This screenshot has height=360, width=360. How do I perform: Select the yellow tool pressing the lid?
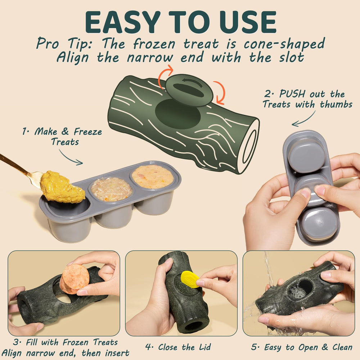pyautogui.click(x=189, y=279)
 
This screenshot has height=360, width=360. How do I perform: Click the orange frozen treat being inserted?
pyautogui.click(x=75, y=279)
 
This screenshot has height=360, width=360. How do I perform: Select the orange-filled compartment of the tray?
pyautogui.click(x=153, y=176)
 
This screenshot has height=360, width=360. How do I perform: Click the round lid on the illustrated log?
pyautogui.click(x=189, y=90)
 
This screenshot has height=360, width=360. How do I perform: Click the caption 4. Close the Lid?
pyautogui.click(x=178, y=347)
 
